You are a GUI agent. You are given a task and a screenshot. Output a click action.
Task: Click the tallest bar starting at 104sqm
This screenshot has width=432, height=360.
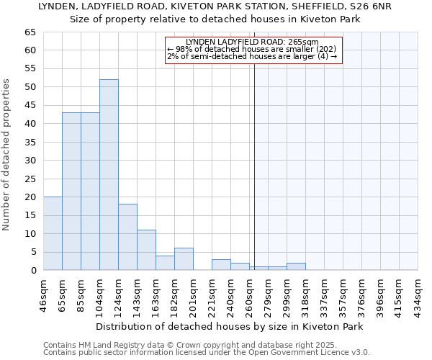tap(109, 175)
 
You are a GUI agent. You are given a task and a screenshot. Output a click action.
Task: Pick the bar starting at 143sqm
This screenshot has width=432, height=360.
tap(146, 250)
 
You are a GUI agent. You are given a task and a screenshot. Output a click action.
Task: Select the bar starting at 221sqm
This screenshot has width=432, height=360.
tap(221, 265)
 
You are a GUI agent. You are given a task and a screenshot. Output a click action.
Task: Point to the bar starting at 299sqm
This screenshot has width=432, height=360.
tap(296, 266)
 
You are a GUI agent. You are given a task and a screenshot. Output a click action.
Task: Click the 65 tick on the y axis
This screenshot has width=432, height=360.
tap(30, 32)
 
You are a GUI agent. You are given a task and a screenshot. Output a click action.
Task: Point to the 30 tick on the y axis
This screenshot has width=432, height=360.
tap(30, 161)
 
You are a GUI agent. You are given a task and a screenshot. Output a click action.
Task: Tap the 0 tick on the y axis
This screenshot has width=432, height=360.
tap(32, 271)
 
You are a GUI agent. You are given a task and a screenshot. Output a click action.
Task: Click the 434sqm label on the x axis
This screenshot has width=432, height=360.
tap(418, 294)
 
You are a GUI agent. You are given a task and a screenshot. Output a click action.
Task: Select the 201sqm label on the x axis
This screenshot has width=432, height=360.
tap(193, 294)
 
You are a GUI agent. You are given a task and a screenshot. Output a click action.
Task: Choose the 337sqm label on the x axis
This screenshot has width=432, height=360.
tap(324, 294)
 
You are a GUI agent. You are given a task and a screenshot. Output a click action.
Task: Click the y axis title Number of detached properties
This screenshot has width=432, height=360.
tap(7, 155)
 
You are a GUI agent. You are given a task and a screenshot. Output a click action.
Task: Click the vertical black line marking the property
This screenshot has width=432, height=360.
tap(254, 166)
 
